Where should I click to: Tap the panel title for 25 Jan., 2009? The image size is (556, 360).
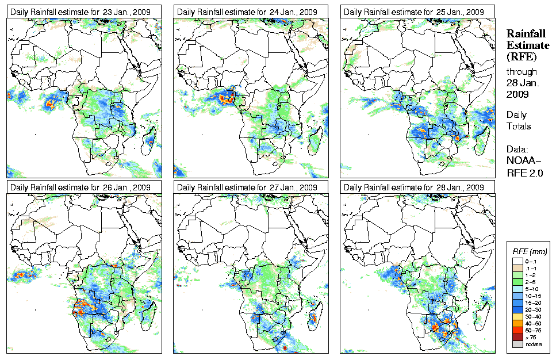point(417,11)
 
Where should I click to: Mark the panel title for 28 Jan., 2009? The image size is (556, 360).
point(417,187)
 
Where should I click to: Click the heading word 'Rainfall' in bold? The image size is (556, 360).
point(525,33)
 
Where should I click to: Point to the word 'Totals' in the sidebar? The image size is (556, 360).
point(519,127)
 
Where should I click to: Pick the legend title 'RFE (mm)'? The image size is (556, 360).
point(530,252)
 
